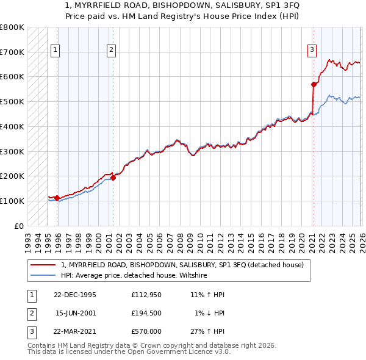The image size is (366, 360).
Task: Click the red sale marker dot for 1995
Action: click(x=57, y=198)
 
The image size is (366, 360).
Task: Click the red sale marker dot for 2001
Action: click(x=113, y=178)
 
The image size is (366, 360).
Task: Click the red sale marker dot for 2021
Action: click(x=314, y=84)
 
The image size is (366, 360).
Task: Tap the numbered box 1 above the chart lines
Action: click(x=56, y=51)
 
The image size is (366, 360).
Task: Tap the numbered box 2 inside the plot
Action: click(x=112, y=51)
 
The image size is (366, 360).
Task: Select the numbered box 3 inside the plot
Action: click(x=312, y=51)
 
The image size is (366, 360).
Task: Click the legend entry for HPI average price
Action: click(x=134, y=276)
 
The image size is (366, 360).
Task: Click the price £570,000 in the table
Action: click(x=146, y=331)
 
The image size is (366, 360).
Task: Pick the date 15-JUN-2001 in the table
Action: click(x=76, y=313)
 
